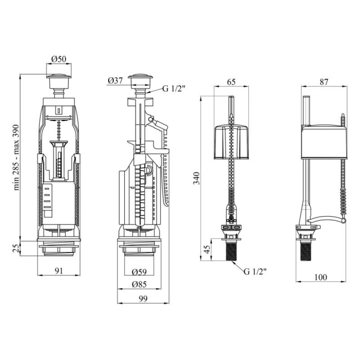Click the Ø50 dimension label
pos(59,59)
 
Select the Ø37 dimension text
pos(115,81)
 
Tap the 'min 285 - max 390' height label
pos(16,157)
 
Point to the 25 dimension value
pos(16,248)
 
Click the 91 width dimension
pos(59,271)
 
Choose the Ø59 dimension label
pos(139,272)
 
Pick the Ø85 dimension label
pos(139,284)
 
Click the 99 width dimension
pos(143,299)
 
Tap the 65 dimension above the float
pos(231,82)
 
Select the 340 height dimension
pos(197,178)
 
